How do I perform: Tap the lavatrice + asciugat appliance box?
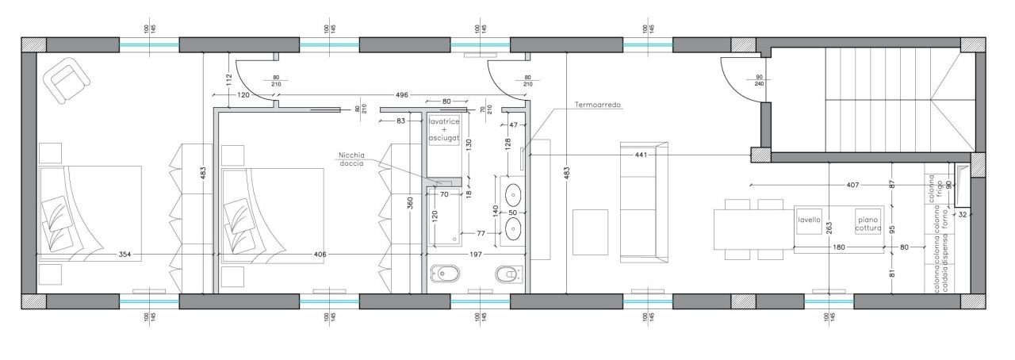445,131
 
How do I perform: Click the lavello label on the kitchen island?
809,220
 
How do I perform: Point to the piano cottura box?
868,224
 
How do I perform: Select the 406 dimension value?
320,255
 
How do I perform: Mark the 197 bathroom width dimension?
477,255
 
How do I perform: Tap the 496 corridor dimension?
402,95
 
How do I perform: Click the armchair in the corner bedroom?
67,80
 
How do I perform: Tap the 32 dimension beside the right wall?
963,214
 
